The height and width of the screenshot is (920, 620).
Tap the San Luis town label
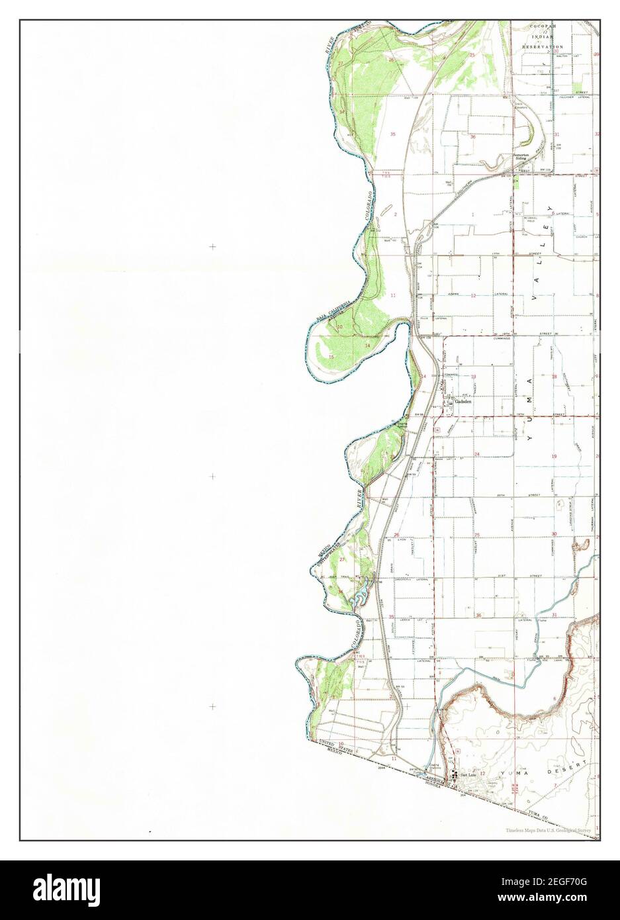coord(468,774)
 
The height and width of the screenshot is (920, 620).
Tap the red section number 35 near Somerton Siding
coord(393,134)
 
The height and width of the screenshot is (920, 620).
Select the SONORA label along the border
coord(439,784)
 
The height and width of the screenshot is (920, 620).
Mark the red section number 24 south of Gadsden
coord(476,455)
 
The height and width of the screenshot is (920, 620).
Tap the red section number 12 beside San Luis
coord(482,773)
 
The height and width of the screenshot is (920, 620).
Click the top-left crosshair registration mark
coord(212,246)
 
